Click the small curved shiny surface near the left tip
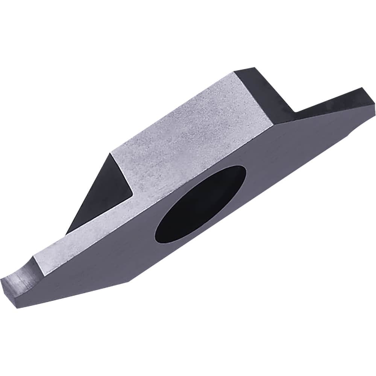(x=26, y=269)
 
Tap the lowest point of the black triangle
(x=68, y=233)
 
